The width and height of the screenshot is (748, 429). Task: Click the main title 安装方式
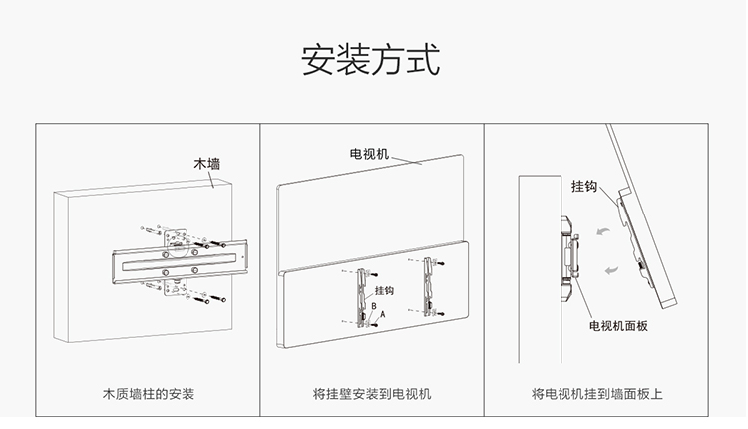(370, 59)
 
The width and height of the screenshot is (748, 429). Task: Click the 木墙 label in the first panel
(208, 163)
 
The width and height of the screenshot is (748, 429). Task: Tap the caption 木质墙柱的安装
(149, 393)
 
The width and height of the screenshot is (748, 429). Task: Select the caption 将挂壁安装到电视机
(372, 393)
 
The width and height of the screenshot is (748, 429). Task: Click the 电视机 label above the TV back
(369, 155)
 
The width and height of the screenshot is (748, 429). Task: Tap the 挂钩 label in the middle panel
(384, 291)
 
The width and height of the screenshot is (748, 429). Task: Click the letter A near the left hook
(380, 313)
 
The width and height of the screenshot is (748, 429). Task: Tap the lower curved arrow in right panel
(613, 269)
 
